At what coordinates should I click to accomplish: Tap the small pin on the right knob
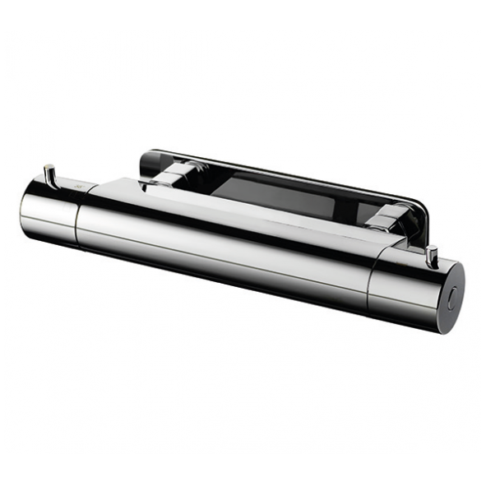431,252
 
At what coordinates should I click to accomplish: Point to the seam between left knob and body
81,215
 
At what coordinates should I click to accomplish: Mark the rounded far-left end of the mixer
24,206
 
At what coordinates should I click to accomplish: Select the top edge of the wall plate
280,171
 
